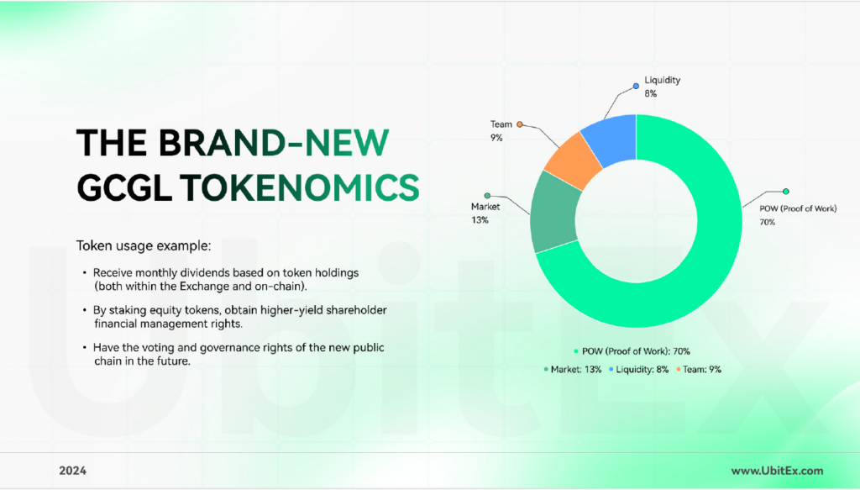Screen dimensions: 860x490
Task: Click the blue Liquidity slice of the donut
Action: click(612, 139)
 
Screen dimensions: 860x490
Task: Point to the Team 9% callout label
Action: click(501, 130)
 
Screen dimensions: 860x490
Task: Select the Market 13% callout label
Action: click(485, 213)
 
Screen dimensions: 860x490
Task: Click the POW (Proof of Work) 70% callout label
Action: click(798, 215)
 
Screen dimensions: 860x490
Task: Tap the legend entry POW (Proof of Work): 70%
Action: click(632, 351)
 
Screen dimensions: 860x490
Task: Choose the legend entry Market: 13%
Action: click(573, 369)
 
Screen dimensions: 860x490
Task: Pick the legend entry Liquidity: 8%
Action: click(638, 369)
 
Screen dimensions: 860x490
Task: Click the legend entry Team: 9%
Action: click(698, 369)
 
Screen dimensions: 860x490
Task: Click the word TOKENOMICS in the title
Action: click(300, 187)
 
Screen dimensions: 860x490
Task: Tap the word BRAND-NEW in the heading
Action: click(274, 143)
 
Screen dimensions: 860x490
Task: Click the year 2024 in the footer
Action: click(72, 471)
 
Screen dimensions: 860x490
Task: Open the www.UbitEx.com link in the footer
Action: click(777, 471)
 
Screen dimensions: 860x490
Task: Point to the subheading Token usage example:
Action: click(143, 245)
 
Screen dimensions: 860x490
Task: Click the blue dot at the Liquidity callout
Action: click(637, 86)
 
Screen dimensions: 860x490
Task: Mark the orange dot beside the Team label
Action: click(520, 124)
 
